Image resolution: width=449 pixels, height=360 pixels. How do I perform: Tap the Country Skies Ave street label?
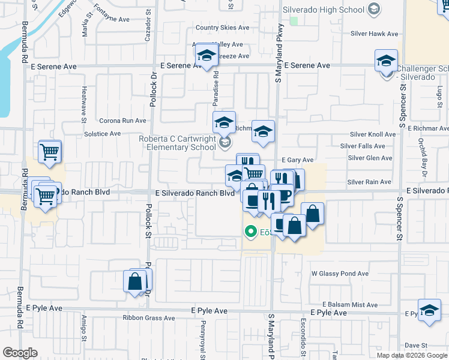coord(222,28)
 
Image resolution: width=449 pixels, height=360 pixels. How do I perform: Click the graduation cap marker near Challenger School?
coord(386,61)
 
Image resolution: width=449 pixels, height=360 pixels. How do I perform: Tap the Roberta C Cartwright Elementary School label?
coord(177,143)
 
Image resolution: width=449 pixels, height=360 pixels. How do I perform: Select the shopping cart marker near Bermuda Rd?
coord(50,151)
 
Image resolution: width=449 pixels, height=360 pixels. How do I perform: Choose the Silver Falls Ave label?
coord(363,146)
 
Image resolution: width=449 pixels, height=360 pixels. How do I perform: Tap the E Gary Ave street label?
coord(297,160)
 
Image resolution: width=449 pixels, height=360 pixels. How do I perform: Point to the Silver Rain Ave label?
coord(369,182)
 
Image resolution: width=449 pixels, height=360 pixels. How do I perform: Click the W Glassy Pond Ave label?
coord(340,274)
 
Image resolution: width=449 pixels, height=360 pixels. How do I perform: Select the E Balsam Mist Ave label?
coord(350,305)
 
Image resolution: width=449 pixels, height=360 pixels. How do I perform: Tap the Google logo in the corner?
coord(20,353)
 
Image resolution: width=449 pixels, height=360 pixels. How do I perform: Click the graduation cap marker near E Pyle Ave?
coord(429,310)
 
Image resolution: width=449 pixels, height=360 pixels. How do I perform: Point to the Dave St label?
coord(415,346)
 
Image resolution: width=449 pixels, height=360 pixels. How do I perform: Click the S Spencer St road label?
coord(398,213)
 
